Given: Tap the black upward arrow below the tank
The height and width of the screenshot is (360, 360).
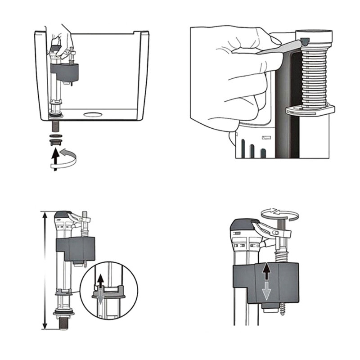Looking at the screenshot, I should pyautogui.click(x=55, y=157).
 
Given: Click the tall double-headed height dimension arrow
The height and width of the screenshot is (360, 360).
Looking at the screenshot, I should pyautogui.click(x=44, y=270).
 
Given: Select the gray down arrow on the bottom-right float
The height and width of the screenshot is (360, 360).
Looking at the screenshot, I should pyautogui.click(x=266, y=292).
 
